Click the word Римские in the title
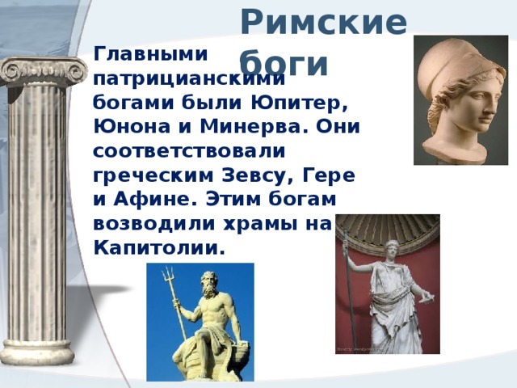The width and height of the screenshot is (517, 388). tap(323, 23)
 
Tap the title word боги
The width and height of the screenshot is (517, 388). tap(284, 61)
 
